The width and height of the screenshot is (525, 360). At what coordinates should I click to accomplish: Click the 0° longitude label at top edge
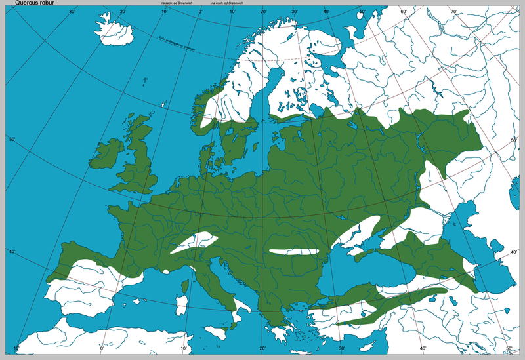click(x=200, y=11)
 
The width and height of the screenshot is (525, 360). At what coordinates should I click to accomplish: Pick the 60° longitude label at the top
click(x=403, y=11)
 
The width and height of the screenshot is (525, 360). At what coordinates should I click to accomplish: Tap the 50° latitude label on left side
click(x=11, y=139)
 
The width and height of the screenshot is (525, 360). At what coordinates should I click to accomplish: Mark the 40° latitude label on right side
click(x=514, y=252)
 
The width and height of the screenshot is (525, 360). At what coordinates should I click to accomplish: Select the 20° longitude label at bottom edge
click(x=262, y=348)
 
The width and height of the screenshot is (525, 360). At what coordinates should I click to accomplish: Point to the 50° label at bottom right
click(x=509, y=348)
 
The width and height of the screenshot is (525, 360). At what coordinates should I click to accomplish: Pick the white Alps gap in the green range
click(x=191, y=243)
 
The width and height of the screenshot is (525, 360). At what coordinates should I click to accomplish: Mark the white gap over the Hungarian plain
click(x=292, y=250)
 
